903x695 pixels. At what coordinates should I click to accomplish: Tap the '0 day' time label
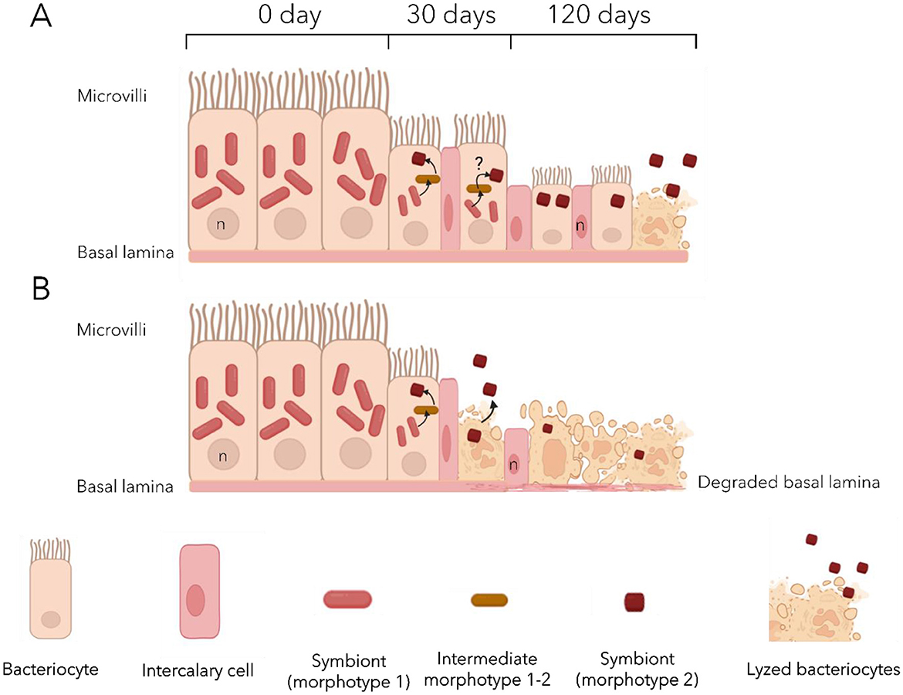[289, 15]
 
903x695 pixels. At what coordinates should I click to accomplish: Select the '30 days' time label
[449, 15]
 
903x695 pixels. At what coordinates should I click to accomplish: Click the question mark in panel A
[479, 161]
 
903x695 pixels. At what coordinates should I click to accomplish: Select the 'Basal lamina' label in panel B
[124, 486]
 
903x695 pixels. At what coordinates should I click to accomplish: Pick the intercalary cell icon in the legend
[200, 592]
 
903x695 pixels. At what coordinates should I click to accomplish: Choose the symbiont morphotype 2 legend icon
[634, 600]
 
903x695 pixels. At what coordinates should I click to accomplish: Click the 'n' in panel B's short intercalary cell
[515, 466]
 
